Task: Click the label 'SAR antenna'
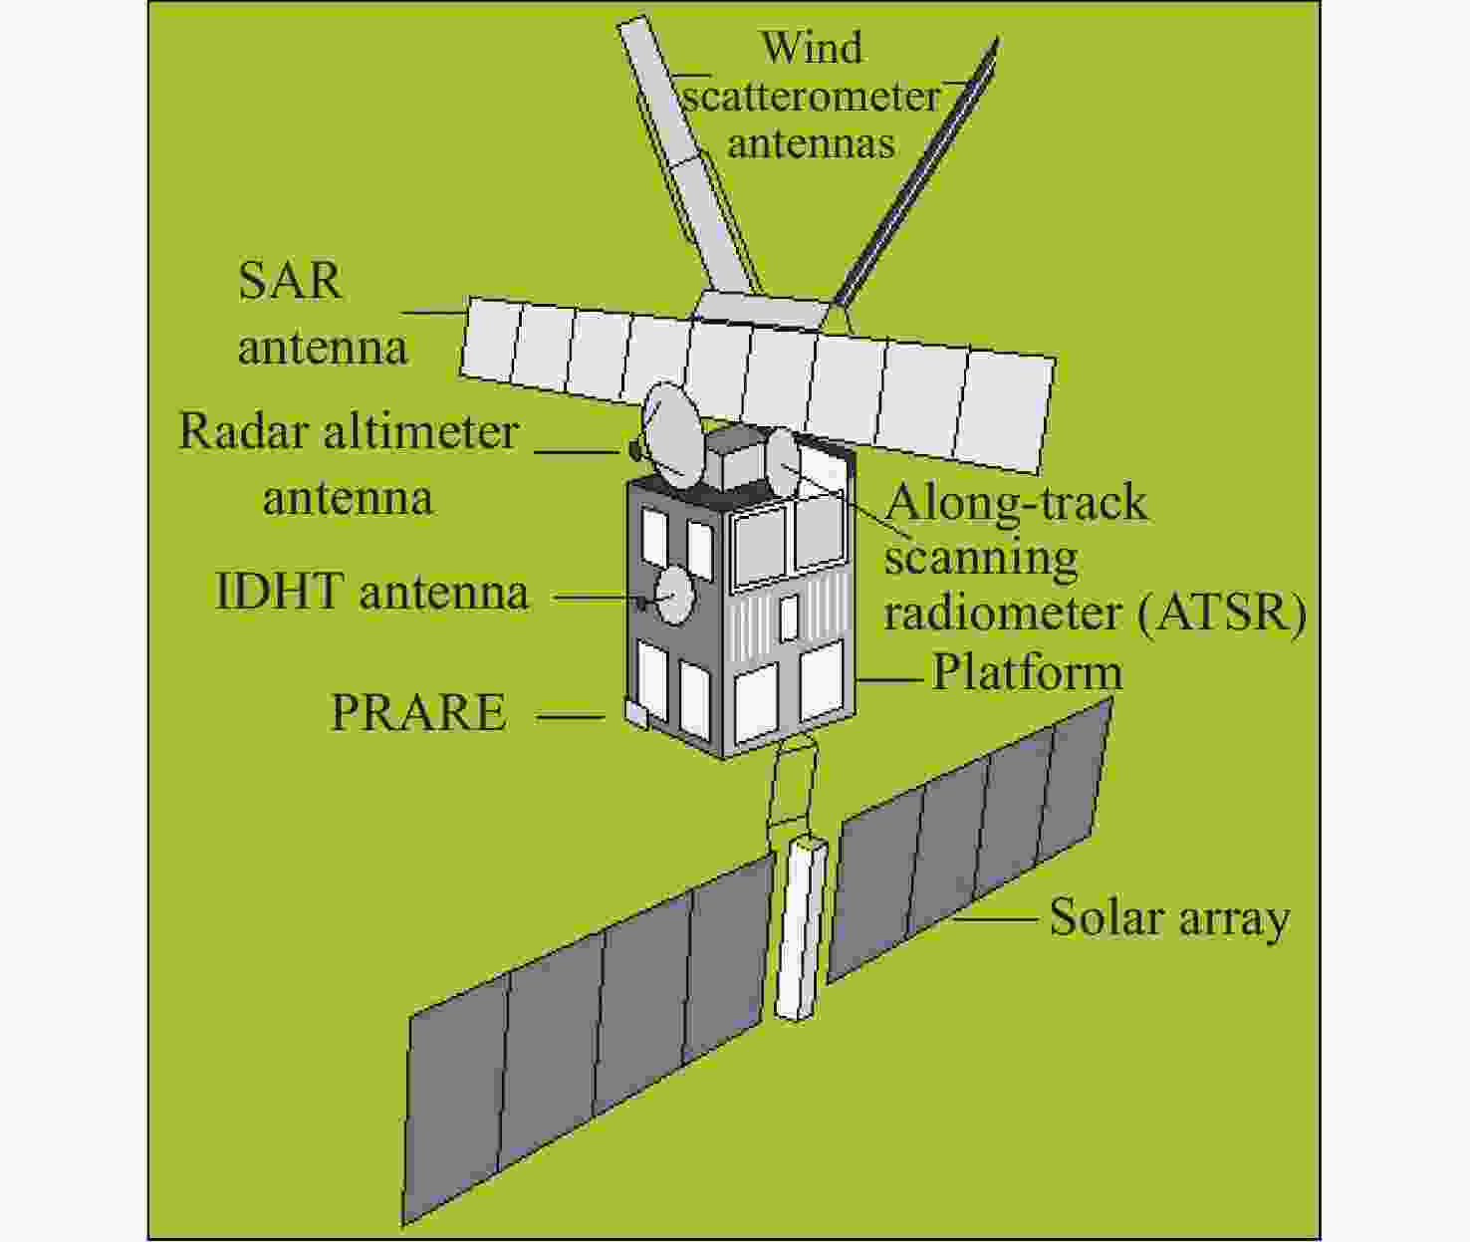pos(323,315)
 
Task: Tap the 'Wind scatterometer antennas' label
pos(812,96)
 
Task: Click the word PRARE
pos(419,712)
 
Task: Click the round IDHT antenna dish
pos(675,597)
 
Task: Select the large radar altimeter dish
pos(673,435)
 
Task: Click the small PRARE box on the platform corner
pos(635,713)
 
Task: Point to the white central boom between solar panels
pos(798,928)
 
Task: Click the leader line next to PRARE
pos(571,717)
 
